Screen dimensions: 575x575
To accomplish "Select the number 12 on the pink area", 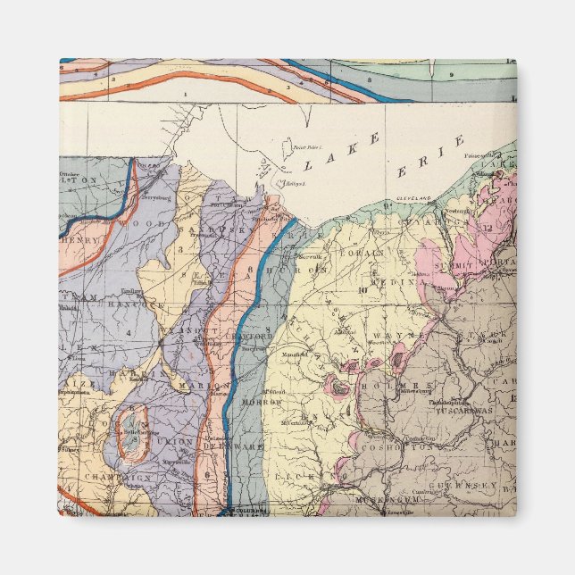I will pos(487,227).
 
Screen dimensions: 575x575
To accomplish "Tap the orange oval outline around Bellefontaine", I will pos(133,433).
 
